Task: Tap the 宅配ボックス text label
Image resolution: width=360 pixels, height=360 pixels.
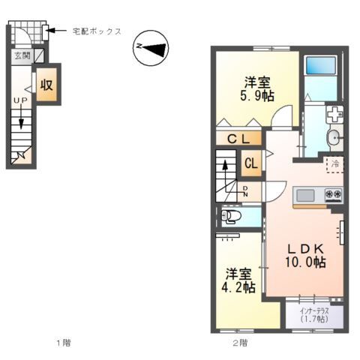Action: click(x=97, y=31)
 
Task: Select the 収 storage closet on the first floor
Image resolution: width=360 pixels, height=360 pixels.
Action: click(x=46, y=84)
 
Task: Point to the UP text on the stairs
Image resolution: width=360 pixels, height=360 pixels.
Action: click(x=20, y=100)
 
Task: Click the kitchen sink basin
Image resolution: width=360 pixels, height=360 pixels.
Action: click(x=305, y=196)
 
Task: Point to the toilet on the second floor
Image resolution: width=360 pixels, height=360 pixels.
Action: click(x=231, y=217)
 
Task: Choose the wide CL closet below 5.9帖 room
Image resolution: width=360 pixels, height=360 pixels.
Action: click(x=239, y=138)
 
